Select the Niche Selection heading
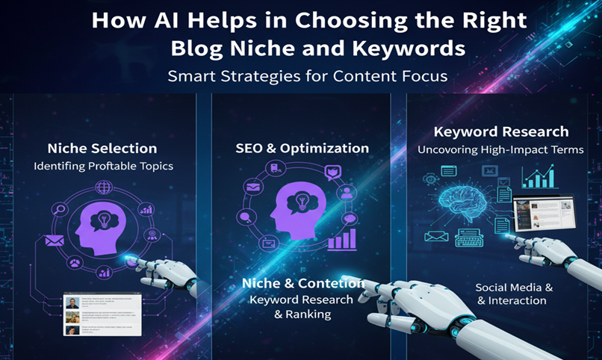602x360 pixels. coord(102,148)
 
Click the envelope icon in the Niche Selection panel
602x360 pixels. coord(55,240)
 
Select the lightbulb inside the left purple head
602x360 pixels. coord(102,221)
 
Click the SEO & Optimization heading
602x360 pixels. coord(301,148)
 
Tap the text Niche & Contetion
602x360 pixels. coord(302,283)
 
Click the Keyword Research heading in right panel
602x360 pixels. coord(501,131)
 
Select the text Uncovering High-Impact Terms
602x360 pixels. coord(501,150)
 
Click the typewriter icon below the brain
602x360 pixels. coord(469,237)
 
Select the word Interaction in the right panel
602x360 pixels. coord(516,300)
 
